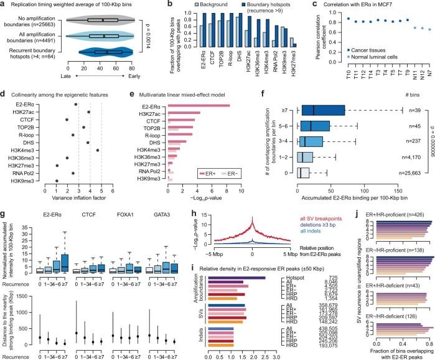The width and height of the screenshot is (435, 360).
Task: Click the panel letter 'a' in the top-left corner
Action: tap(4, 4)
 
